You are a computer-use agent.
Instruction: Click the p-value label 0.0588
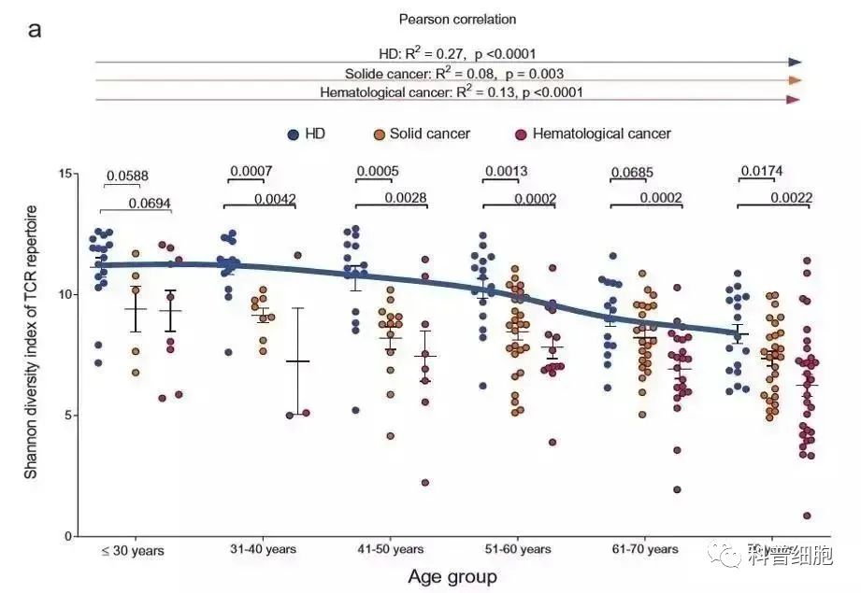[127, 176]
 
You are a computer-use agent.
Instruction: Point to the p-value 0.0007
[250, 172]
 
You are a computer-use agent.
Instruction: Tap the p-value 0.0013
[506, 172]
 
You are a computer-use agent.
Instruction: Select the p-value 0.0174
[762, 172]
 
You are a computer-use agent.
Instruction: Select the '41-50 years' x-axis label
[391, 550]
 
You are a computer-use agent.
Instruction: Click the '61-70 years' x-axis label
[645, 550]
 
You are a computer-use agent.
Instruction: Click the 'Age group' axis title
[452, 576]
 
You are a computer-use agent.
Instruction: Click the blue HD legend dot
[293, 134]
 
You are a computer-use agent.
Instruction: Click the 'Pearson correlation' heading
[457, 19]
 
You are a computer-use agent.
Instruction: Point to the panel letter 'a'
[35, 29]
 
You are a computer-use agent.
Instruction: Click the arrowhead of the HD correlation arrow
[795, 62]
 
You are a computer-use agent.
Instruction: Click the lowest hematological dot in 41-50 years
[424, 483]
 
